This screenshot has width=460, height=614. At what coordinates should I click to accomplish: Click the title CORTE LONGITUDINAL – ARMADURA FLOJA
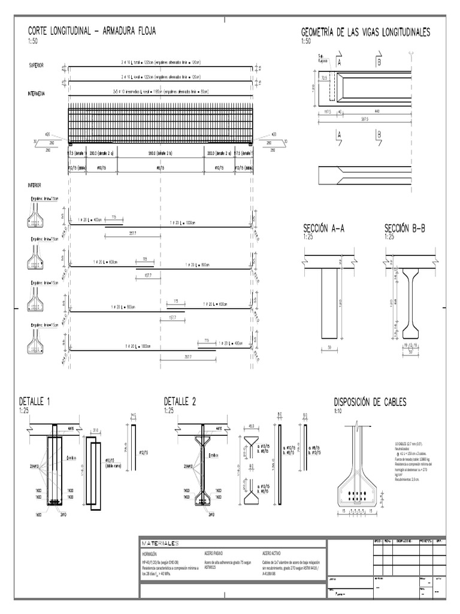pyautogui.click(x=92, y=31)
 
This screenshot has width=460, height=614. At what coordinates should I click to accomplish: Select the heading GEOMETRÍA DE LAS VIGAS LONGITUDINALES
pyautogui.click(x=365, y=32)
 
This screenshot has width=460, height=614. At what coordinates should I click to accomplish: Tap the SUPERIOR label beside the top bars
pyautogui.click(x=36, y=65)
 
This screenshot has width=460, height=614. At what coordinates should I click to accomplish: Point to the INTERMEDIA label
pyautogui.click(x=38, y=94)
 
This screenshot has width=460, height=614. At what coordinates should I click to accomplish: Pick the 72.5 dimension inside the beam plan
pyautogui.click(x=324, y=77)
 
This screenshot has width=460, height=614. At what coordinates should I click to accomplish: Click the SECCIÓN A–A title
pyautogui.click(x=324, y=228)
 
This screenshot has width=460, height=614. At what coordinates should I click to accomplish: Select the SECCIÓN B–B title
pyautogui.click(x=404, y=228)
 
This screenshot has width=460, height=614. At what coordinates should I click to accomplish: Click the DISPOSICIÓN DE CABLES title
pyautogui.click(x=370, y=402)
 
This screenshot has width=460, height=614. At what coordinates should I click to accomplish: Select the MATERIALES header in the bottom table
pyautogui.click(x=161, y=543)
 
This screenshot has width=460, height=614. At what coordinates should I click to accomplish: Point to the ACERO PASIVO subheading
pyautogui.click(x=214, y=553)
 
